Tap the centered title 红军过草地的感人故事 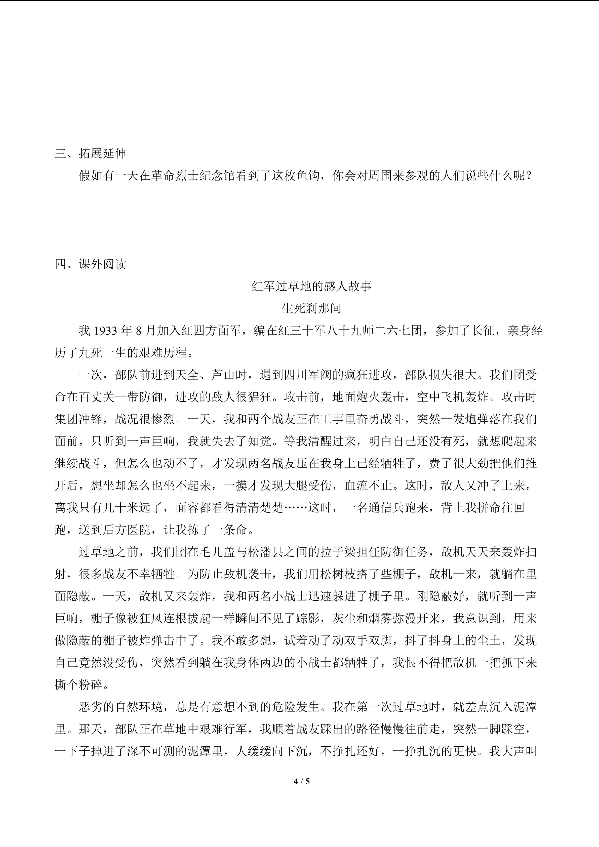312,286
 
